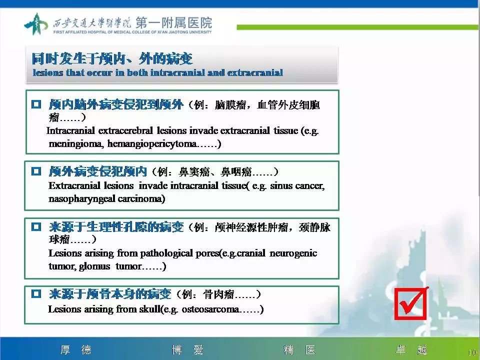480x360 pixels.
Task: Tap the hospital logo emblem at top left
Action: click(36, 24)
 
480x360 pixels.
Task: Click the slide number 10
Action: click(472, 352)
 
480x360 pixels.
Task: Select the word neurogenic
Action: click(293, 253)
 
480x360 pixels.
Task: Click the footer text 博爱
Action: click(187, 349)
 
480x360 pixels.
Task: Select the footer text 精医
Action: click(299, 349)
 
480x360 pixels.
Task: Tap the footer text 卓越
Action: click(411, 349)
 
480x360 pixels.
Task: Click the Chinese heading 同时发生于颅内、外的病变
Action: click(112, 59)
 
